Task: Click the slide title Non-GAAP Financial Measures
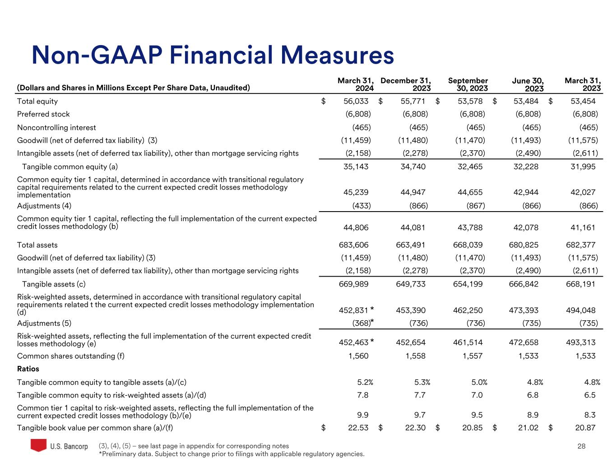(213, 55)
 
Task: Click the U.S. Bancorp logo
(59, 446)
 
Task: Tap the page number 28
(581, 446)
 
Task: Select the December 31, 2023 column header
(405, 84)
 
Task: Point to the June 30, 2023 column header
(528, 84)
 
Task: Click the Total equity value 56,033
(356, 102)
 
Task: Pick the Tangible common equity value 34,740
(413, 166)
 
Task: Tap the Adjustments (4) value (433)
(361, 206)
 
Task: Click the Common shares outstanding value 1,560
(358, 356)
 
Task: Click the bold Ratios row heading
(28, 369)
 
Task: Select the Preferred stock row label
(43, 114)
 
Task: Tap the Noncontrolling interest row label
(56, 128)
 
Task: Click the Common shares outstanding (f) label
(70, 356)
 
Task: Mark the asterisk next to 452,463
(372, 342)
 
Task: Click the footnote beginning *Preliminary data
(231, 454)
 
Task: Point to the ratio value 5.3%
(422, 382)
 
